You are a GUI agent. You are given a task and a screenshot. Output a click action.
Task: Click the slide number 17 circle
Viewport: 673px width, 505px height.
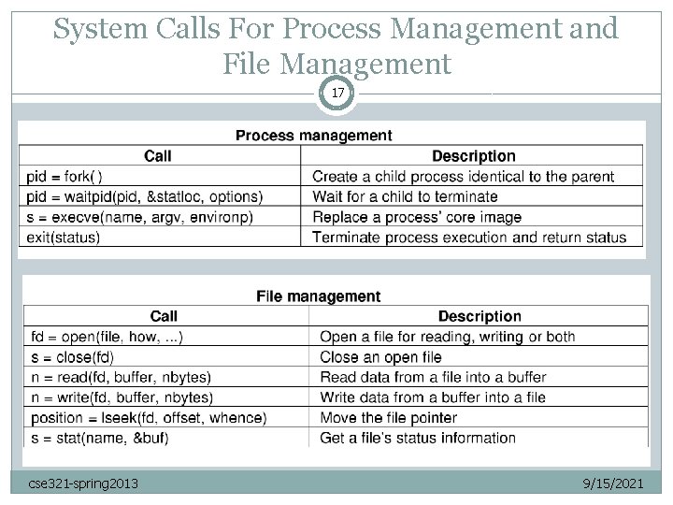click(336, 94)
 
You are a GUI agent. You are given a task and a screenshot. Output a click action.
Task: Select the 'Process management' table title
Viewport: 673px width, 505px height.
click(313, 136)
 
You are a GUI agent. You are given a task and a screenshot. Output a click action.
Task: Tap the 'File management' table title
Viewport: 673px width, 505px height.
click(318, 296)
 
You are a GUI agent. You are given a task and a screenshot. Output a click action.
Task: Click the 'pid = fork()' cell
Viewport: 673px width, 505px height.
click(64, 176)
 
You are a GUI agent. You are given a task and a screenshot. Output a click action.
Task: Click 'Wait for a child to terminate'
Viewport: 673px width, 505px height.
click(405, 196)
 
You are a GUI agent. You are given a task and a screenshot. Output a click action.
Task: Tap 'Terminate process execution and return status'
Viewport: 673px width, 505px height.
click(469, 238)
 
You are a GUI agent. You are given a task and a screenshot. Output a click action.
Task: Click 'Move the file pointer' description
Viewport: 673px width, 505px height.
click(388, 418)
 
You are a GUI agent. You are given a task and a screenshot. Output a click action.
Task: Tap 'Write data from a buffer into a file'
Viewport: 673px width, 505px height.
click(433, 397)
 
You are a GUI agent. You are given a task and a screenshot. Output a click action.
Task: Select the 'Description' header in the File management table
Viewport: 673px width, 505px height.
click(480, 317)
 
